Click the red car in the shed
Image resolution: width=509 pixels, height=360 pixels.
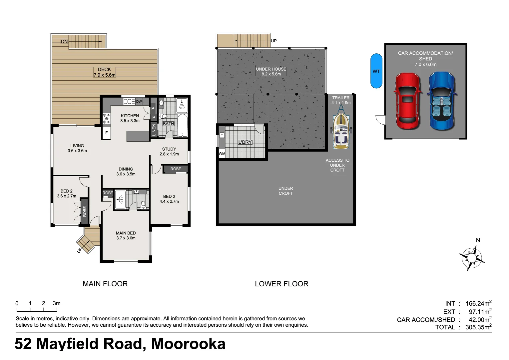click(x=407, y=101)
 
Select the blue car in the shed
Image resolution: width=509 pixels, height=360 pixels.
click(x=442, y=101)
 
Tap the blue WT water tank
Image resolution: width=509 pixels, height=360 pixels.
click(x=376, y=71)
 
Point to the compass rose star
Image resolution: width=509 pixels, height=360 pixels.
click(x=472, y=258)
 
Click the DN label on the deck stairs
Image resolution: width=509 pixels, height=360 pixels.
click(x=64, y=42)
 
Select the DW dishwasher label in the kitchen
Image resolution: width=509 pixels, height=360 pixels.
click(x=139, y=101)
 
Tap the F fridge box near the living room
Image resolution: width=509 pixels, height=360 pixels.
click(x=107, y=133)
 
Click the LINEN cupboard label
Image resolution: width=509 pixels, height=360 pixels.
click(x=154, y=130)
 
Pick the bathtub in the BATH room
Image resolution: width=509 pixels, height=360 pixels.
click(x=183, y=126)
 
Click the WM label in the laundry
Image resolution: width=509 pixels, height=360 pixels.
click(x=222, y=154)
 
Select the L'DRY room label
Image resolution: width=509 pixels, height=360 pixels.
click(x=245, y=142)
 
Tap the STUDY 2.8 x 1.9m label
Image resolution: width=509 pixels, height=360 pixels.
click(x=169, y=152)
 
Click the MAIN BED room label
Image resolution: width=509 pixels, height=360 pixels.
click(x=126, y=235)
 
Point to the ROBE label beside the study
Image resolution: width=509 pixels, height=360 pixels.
click(x=176, y=169)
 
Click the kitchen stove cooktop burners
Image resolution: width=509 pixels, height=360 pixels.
click(x=106, y=119)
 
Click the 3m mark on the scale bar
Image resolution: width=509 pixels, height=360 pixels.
click(x=57, y=303)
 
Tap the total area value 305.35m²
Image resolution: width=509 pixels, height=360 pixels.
click(x=478, y=327)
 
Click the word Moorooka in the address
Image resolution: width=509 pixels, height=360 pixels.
click(x=188, y=344)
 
